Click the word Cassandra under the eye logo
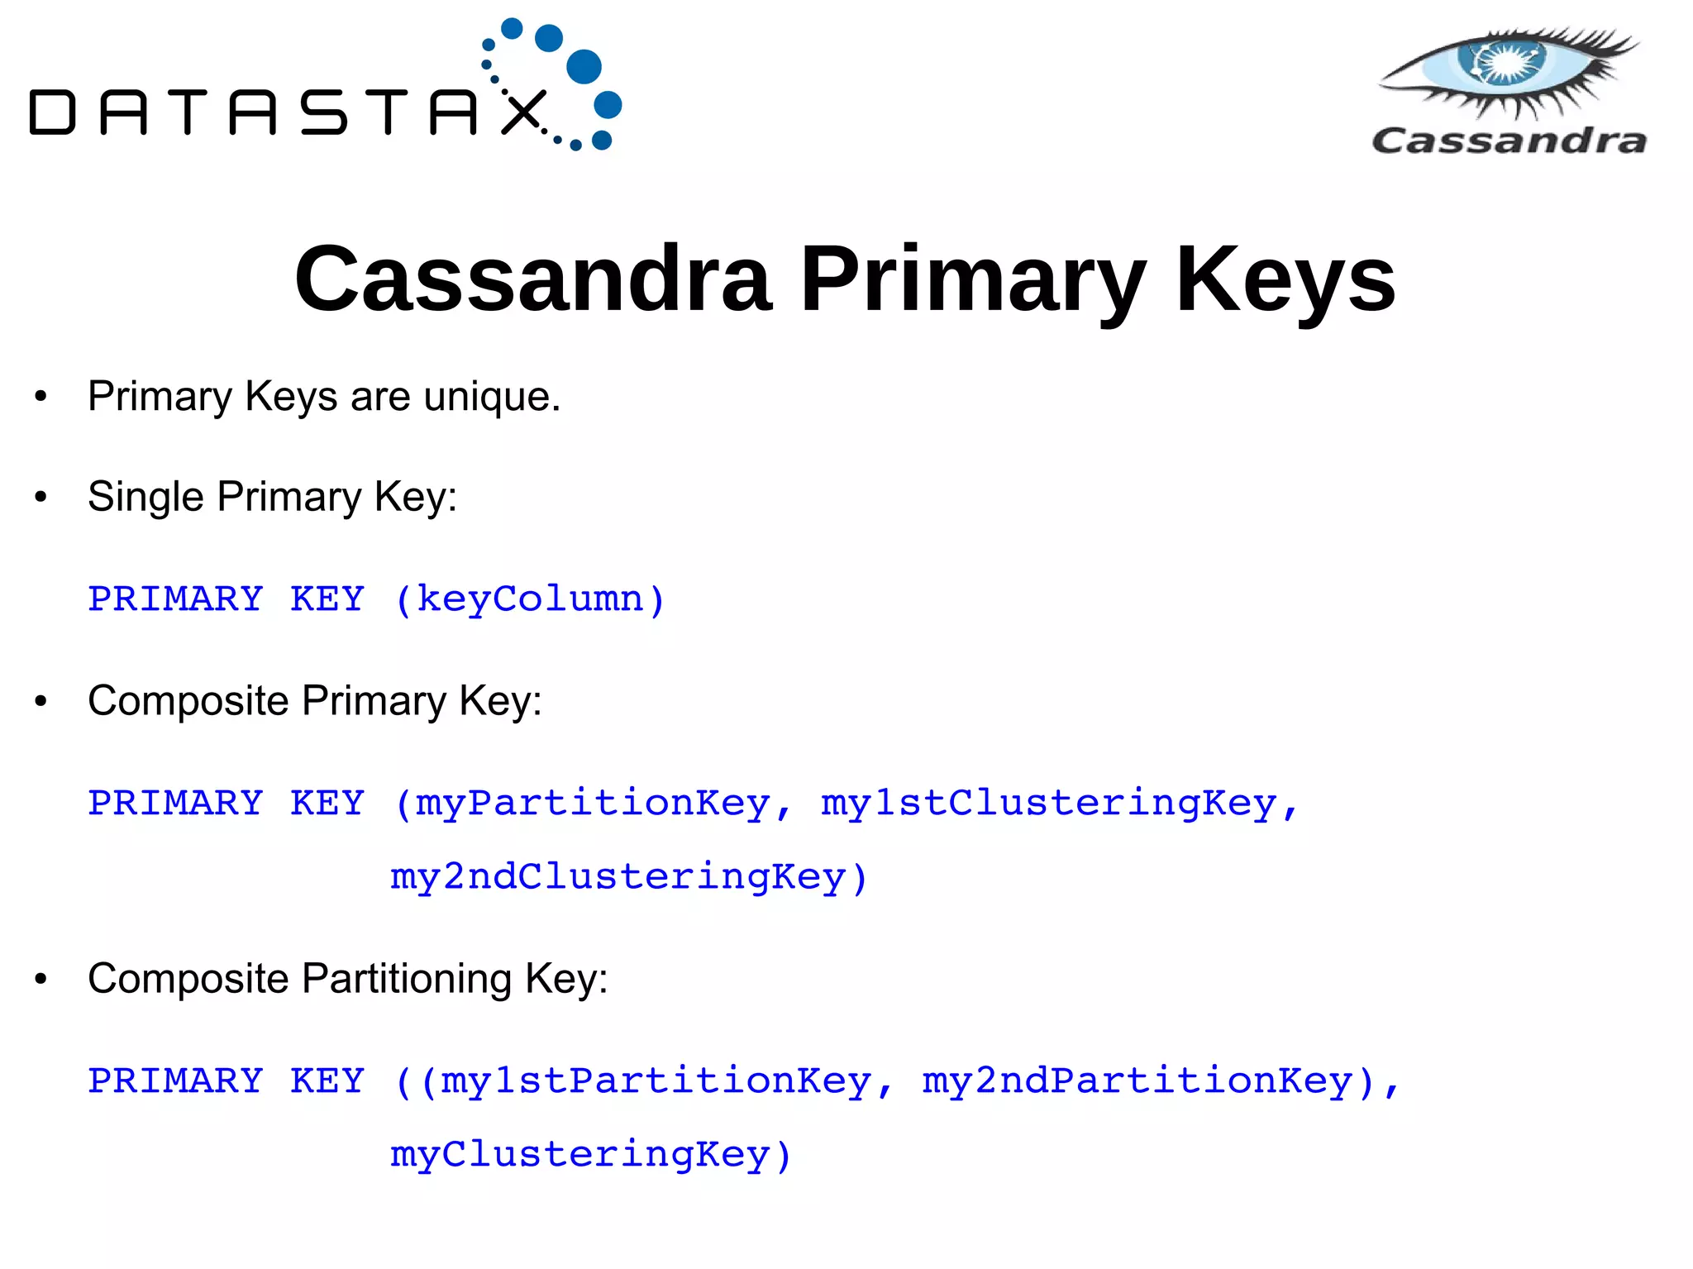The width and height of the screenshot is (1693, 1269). tap(1509, 141)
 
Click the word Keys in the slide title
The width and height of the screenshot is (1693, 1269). tap(1285, 279)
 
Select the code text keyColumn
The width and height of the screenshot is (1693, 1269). tap(529, 599)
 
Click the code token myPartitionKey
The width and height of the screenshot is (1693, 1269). tap(592, 804)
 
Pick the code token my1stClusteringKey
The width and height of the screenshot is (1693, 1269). tap(1048, 804)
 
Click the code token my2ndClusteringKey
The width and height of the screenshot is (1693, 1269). tap(618, 876)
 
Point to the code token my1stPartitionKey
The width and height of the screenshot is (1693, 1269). tap(656, 1081)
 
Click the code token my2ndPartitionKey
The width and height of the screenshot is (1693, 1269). tap(1137, 1081)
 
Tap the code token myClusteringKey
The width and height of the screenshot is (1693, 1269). tap(579, 1154)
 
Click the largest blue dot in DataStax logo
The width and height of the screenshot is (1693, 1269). tap(584, 66)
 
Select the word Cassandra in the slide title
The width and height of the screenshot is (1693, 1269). tap(533, 279)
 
